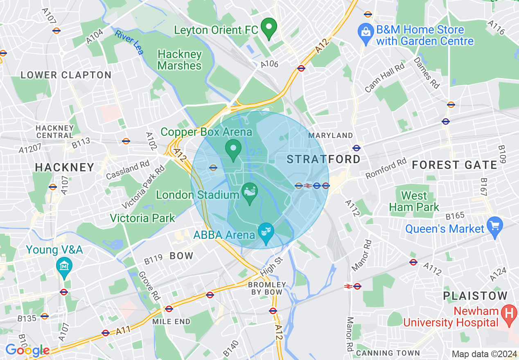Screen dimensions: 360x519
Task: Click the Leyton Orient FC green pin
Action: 269,28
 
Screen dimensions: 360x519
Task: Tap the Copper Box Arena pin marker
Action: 234,149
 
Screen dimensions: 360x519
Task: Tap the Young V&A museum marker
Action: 64,267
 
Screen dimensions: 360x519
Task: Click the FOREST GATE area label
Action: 454,165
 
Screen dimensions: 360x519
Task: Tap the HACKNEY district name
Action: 65,167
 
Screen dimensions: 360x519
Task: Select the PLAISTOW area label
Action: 475,296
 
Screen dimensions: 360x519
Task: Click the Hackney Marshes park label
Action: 180,60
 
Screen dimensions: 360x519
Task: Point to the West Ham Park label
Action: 414,201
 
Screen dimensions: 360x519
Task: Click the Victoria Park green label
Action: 142,218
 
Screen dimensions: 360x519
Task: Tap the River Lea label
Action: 129,42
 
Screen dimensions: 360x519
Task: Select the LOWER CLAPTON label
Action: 66,75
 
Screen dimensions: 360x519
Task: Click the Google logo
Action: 27,350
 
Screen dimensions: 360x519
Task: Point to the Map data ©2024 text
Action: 483,354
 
